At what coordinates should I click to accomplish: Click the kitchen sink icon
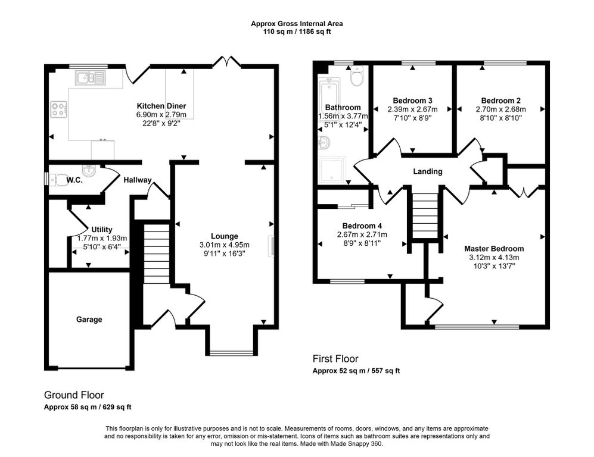point(90,77)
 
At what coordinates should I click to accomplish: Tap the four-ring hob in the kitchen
point(59,110)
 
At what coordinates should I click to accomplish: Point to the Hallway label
point(138,180)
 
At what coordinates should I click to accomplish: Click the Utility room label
point(102,229)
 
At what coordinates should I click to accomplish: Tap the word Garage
point(89,320)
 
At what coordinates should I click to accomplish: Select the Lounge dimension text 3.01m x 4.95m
point(223,245)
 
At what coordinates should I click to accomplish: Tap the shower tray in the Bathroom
point(332,169)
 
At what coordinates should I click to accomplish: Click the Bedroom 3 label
point(412,100)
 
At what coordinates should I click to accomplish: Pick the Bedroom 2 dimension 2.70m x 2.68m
point(500,109)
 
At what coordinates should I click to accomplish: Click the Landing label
point(428,171)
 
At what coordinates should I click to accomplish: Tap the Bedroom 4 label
point(362,226)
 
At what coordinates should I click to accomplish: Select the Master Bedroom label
point(494,249)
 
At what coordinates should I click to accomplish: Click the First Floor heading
point(335,359)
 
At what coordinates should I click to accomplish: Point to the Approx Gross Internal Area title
point(297,24)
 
